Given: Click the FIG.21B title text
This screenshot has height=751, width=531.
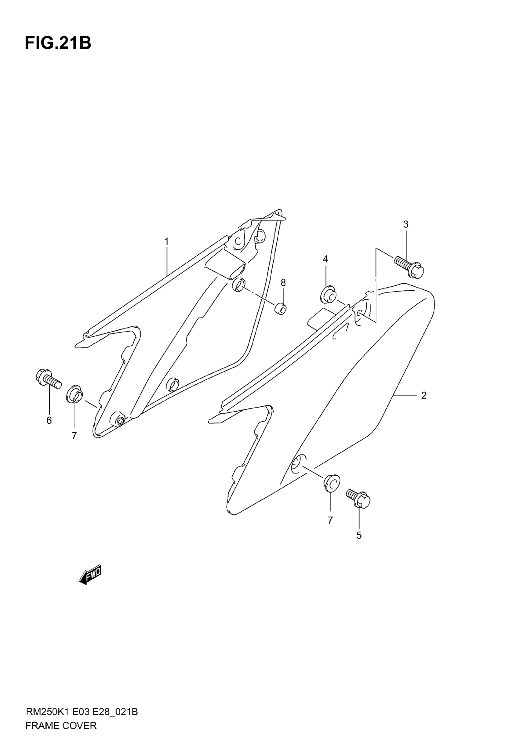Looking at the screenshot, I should (x=58, y=43).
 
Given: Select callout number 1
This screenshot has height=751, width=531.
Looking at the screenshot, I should (x=166, y=242).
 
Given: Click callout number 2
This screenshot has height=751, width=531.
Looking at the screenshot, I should (x=424, y=395).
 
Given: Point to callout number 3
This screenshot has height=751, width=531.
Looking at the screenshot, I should (x=406, y=224).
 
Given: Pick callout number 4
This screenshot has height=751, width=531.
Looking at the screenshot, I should (x=325, y=259).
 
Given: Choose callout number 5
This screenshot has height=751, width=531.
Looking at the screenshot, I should (x=359, y=535).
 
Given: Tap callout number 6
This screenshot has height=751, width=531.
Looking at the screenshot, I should (x=49, y=421).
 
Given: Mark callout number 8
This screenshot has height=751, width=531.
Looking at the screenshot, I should (x=283, y=282).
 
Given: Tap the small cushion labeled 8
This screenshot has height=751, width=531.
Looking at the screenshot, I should (x=280, y=309).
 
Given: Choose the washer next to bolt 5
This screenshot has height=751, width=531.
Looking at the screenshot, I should (x=331, y=482).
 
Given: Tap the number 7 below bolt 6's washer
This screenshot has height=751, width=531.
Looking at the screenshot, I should (x=74, y=436).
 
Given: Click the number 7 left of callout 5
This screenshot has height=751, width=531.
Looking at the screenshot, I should (x=330, y=520).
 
